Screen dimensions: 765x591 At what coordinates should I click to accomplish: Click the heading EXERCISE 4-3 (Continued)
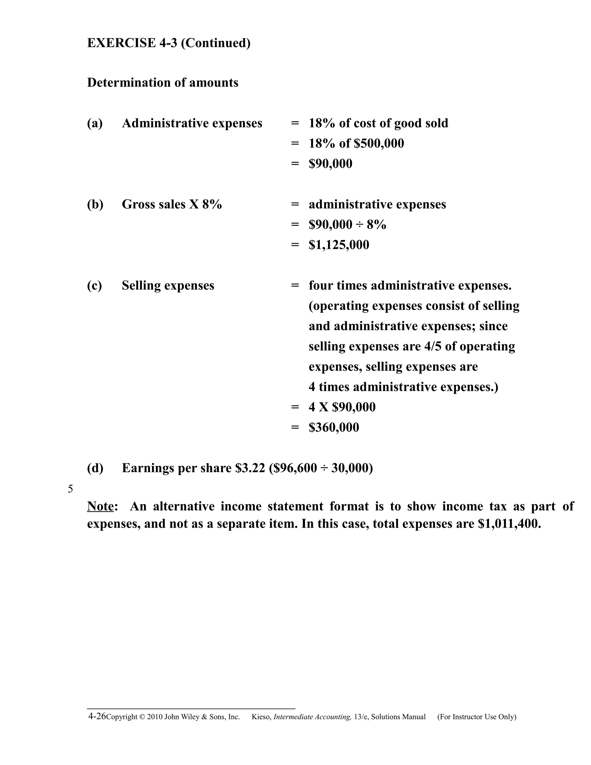(x=169, y=43)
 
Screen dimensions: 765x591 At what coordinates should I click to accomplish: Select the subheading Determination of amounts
(x=162, y=83)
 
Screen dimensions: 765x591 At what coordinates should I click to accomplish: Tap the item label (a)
(x=95, y=123)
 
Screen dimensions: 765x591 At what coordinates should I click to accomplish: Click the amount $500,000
(x=379, y=143)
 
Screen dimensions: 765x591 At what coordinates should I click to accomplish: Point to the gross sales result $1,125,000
(x=338, y=245)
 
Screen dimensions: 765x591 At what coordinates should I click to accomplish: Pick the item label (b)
(x=95, y=205)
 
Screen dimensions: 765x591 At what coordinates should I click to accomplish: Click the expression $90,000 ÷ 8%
(x=347, y=225)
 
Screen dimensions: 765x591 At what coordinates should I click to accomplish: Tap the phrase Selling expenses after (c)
(x=168, y=286)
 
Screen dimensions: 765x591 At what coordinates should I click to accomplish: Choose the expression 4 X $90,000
(x=342, y=407)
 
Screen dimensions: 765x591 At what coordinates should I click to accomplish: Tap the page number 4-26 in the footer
(x=97, y=716)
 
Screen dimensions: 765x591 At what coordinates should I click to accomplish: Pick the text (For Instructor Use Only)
(x=476, y=717)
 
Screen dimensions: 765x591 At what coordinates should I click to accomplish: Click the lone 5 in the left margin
(x=70, y=489)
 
